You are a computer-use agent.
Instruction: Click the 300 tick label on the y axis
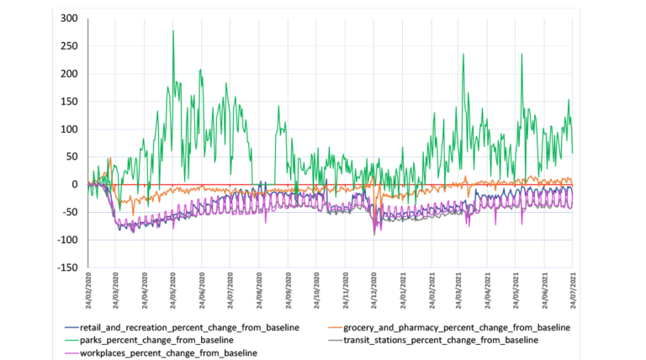point(67,19)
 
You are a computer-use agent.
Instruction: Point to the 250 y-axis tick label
point(67,46)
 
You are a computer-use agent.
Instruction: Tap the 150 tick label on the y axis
point(67,102)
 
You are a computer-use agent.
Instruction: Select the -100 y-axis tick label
point(66,240)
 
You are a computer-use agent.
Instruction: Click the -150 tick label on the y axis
point(66,267)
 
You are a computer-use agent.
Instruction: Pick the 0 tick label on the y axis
point(73,184)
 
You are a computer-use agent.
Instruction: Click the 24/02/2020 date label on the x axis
point(87,290)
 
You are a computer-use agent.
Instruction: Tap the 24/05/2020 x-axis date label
point(173,290)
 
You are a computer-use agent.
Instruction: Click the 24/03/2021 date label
point(459,290)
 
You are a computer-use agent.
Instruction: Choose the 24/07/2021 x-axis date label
point(573,290)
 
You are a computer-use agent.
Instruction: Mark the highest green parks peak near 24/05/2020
point(173,31)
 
